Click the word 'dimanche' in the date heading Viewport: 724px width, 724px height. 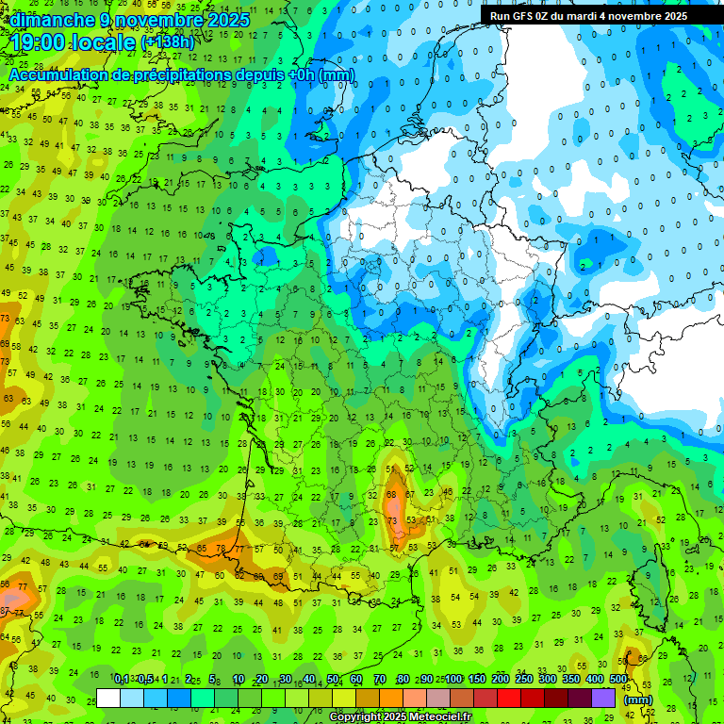click(x=52, y=20)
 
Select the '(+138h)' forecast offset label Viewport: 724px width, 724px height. click(x=168, y=42)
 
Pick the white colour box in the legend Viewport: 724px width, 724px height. click(x=108, y=699)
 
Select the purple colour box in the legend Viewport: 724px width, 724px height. click(x=603, y=699)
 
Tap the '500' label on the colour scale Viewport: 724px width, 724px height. click(x=618, y=680)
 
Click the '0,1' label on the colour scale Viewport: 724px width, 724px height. click(x=121, y=680)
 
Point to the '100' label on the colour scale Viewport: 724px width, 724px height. click(x=453, y=680)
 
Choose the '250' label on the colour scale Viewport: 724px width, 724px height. click(x=524, y=680)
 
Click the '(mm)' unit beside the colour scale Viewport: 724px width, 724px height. click(x=638, y=699)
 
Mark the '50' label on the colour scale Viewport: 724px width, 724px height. click(x=333, y=680)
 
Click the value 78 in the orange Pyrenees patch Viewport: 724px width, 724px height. click(x=221, y=548)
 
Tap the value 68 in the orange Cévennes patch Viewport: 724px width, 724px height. click(x=391, y=495)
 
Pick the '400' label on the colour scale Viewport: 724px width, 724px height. click(x=595, y=680)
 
